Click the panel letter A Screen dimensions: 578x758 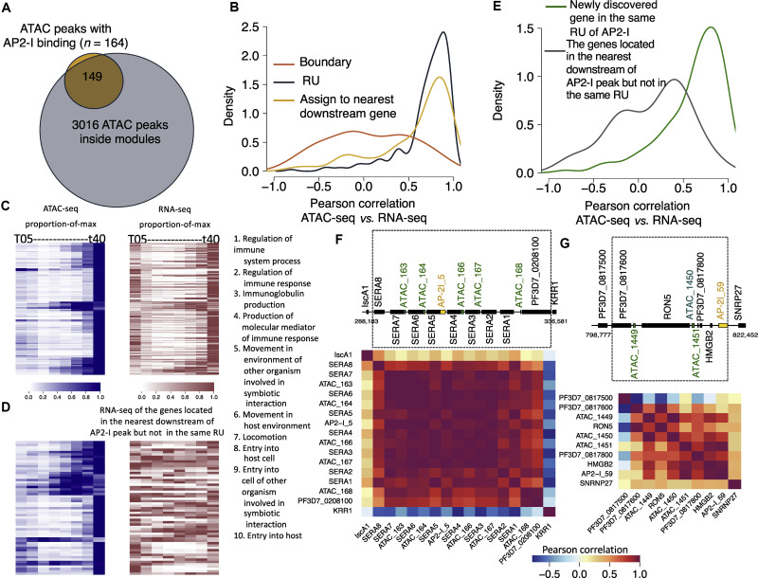pyautogui.click(x=8, y=9)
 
